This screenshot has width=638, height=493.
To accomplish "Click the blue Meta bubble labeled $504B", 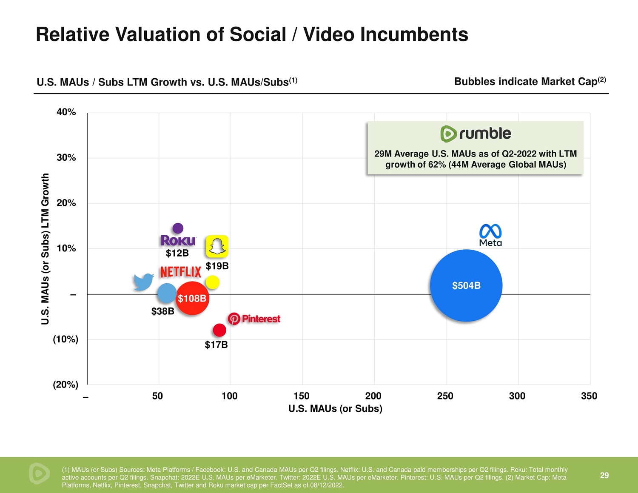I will (x=466, y=285).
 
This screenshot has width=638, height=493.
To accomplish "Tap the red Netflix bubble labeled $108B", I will (x=192, y=298).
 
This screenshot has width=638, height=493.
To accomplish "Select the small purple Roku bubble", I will (x=178, y=228).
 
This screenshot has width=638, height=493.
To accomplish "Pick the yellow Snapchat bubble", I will (x=212, y=282).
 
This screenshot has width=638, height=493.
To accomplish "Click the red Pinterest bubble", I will (x=219, y=330).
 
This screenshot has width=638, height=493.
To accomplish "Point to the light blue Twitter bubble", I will (x=166, y=293).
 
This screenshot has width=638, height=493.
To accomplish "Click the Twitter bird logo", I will (x=143, y=282).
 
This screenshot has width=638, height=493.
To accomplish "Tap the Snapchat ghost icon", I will (x=217, y=246).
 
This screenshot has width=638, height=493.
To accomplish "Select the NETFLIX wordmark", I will (x=180, y=272).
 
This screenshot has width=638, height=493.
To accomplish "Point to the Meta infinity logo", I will (x=490, y=232).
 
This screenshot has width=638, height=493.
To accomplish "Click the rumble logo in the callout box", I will (x=476, y=134).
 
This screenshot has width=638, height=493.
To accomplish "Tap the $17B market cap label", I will (x=216, y=345).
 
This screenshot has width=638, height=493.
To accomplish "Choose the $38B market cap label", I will (x=162, y=311).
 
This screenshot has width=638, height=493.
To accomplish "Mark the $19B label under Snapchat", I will (x=217, y=266).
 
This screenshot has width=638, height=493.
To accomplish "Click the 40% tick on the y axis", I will (x=66, y=112).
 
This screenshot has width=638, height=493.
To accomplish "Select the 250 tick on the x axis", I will (x=445, y=396).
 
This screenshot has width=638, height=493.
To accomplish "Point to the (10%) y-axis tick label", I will (x=66, y=339).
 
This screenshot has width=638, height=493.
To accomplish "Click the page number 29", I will (x=604, y=475).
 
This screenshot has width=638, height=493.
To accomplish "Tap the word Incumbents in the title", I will (x=414, y=34).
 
